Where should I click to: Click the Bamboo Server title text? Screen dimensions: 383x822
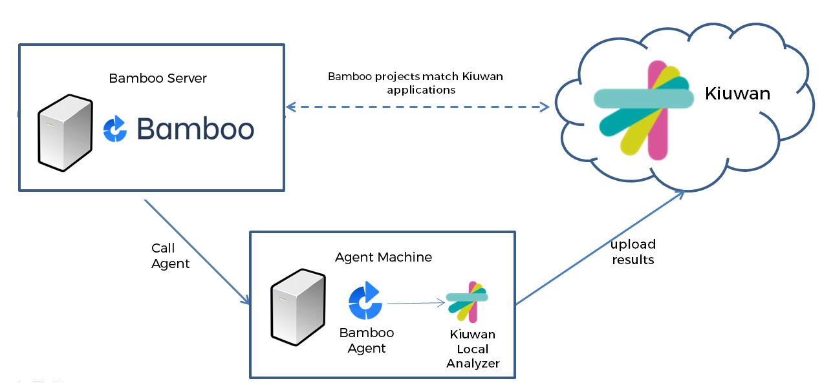158,78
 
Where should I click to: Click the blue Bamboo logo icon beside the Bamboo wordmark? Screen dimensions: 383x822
116,129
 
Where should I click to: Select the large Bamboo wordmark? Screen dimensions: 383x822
195,129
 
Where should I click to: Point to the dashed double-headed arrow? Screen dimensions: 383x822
417,106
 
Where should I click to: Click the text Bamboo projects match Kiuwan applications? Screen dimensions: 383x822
415,83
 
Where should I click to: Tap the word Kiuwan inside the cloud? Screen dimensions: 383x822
737,94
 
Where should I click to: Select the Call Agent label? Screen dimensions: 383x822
170,256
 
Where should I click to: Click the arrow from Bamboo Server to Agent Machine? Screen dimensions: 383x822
197,253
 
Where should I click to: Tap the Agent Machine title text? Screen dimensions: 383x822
384,257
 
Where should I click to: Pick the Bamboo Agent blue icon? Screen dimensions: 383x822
365,301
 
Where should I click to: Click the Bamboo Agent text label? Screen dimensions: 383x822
367,340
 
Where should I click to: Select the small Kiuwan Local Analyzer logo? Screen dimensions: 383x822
468,301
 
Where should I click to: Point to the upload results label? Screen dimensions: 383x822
633,252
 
